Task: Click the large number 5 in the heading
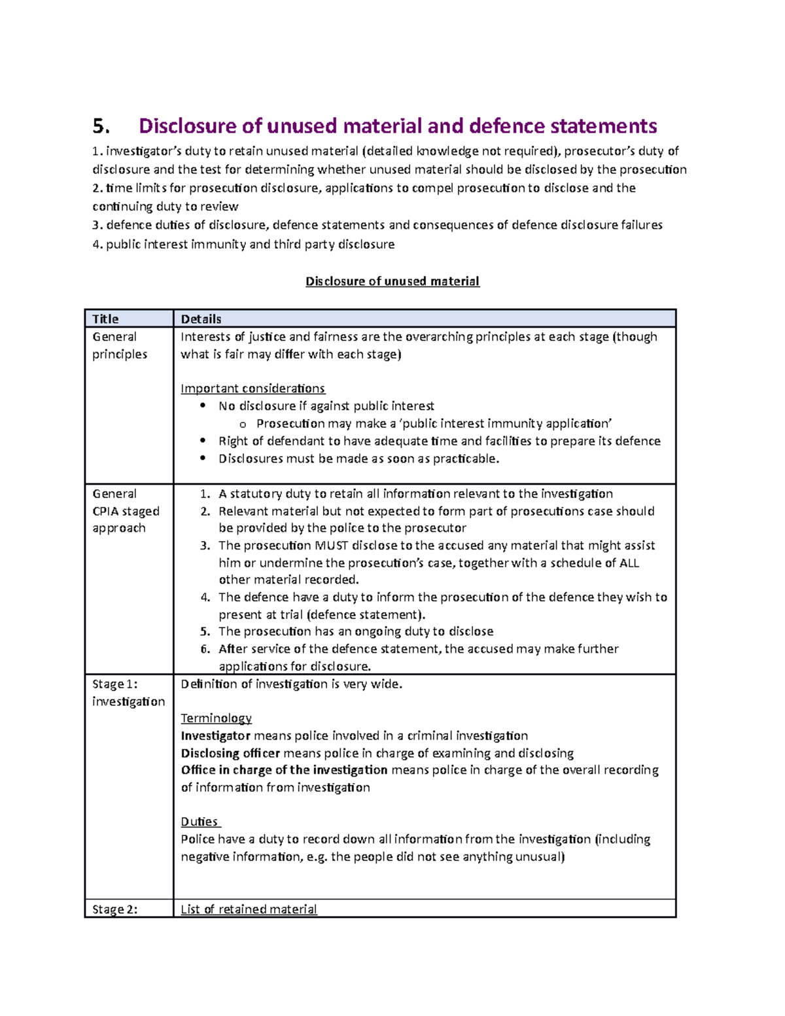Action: [x=101, y=126]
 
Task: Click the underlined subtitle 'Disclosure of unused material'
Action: [x=392, y=281]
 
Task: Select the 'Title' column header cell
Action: [x=105, y=319]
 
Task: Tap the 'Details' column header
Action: [x=201, y=319]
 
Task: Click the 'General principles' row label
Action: [x=120, y=345]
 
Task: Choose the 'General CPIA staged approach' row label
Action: [x=126, y=511]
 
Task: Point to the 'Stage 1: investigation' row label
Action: [x=128, y=693]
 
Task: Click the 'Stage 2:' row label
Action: [x=115, y=909]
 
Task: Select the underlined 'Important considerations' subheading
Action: [x=253, y=389]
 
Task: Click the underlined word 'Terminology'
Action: [x=216, y=718]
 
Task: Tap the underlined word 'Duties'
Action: [x=200, y=822]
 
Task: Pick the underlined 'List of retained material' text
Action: [x=249, y=909]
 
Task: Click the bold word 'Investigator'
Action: [x=215, y=736]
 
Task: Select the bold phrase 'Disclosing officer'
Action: [x=230, y=753]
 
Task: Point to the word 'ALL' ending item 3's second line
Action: [x=629, y=563]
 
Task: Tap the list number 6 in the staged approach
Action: [x=205, y=649]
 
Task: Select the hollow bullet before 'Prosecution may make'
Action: [x=243, y=425]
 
